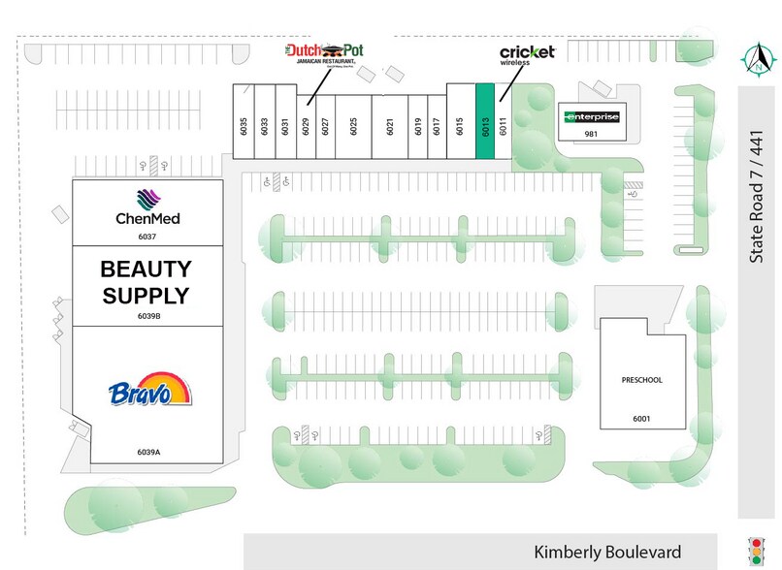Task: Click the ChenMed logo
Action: (x=147, y=207)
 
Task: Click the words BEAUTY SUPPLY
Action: (x=147, y=282)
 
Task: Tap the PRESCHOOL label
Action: (x=642, y=380)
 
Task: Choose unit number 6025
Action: (x=354, y=125)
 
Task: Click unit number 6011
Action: (x=503, y=125)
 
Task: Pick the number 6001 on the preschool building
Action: (x=642, y=418)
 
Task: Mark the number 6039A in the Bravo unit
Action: (x=148, y=452)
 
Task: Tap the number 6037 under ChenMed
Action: (x=147, y=236)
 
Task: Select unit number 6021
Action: (x=389, y=125)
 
